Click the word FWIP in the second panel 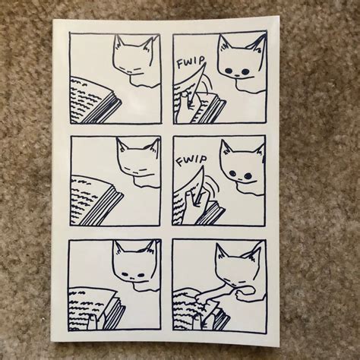191,62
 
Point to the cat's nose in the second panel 237,75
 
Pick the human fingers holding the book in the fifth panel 93,322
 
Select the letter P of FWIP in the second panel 202,60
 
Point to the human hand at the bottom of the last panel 204,321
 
